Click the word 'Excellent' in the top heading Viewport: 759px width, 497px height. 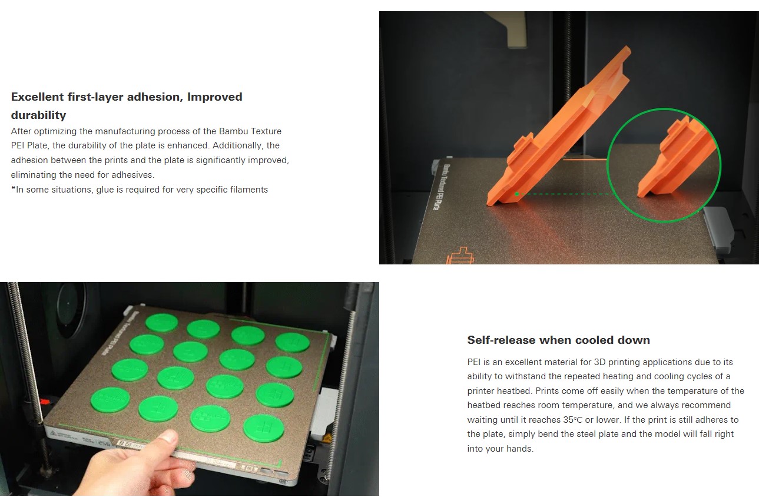(x=38, y=97)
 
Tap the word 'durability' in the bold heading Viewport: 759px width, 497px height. (x=39, y=115)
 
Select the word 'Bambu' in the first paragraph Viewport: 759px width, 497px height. (x=233, y=131)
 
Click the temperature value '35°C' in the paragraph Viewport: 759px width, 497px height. (x=573, y=420)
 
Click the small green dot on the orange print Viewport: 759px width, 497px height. (x=517, y=194)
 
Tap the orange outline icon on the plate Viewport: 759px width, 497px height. (x=460, y=256)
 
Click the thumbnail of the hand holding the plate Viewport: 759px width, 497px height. (x=190, y=389)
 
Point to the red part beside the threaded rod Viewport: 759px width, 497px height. (x=45, y=402)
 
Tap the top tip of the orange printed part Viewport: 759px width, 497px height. (x=628, y=47)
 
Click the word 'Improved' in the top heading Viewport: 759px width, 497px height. (x=215, y=97)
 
